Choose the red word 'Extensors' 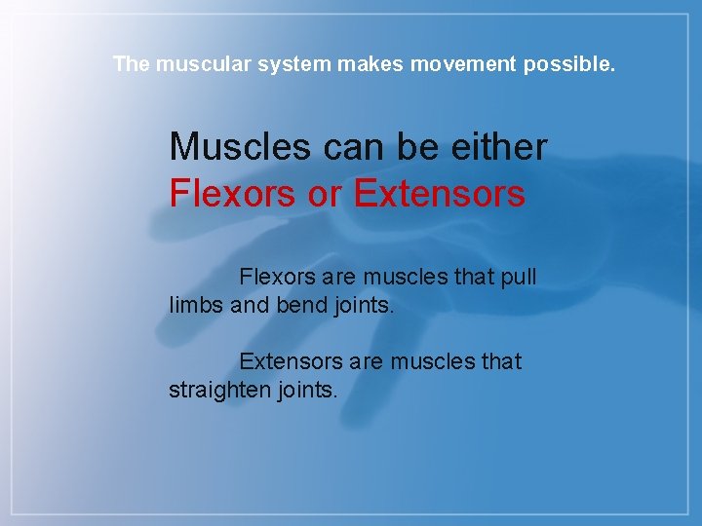[x=440, y=193]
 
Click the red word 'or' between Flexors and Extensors [x=324, y=193]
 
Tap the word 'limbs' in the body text [x=196, y=305]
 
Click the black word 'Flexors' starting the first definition [x=278, y=277]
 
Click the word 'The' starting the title [x=130, y=64]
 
